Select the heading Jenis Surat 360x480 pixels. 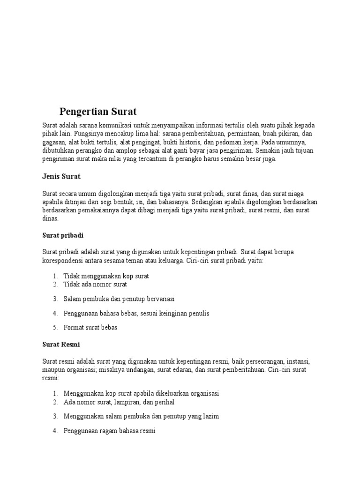[61, 177]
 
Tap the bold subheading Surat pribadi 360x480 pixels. [63, 235]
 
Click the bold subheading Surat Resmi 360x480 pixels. [61, 345]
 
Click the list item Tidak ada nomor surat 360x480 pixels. [95, 285]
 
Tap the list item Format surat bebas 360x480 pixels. [90, 327]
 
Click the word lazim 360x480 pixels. [210, 416]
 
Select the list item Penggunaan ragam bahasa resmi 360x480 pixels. [109, 430]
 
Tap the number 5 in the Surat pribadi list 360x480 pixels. [55, 327]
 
